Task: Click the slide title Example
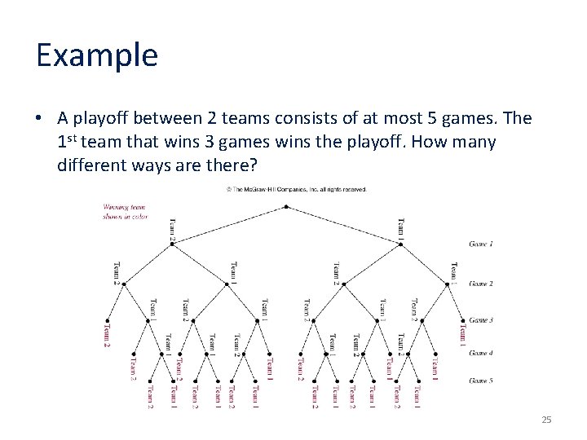click(x=96, y=55)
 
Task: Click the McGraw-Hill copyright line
click(x=296, y=189)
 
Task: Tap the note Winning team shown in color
click(x=125, y=211)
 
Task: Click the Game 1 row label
click(x=481, y=244)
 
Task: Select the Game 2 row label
click(x=481, y=284)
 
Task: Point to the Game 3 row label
click(x=481, y=320)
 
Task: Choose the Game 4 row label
click(x=481, y=353)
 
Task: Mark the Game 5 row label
click(x=481, y=380)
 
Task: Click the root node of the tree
click(x=286, y=206)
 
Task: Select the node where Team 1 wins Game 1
click(x=399, y=243)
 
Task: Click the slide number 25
click(x=546, y=419)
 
